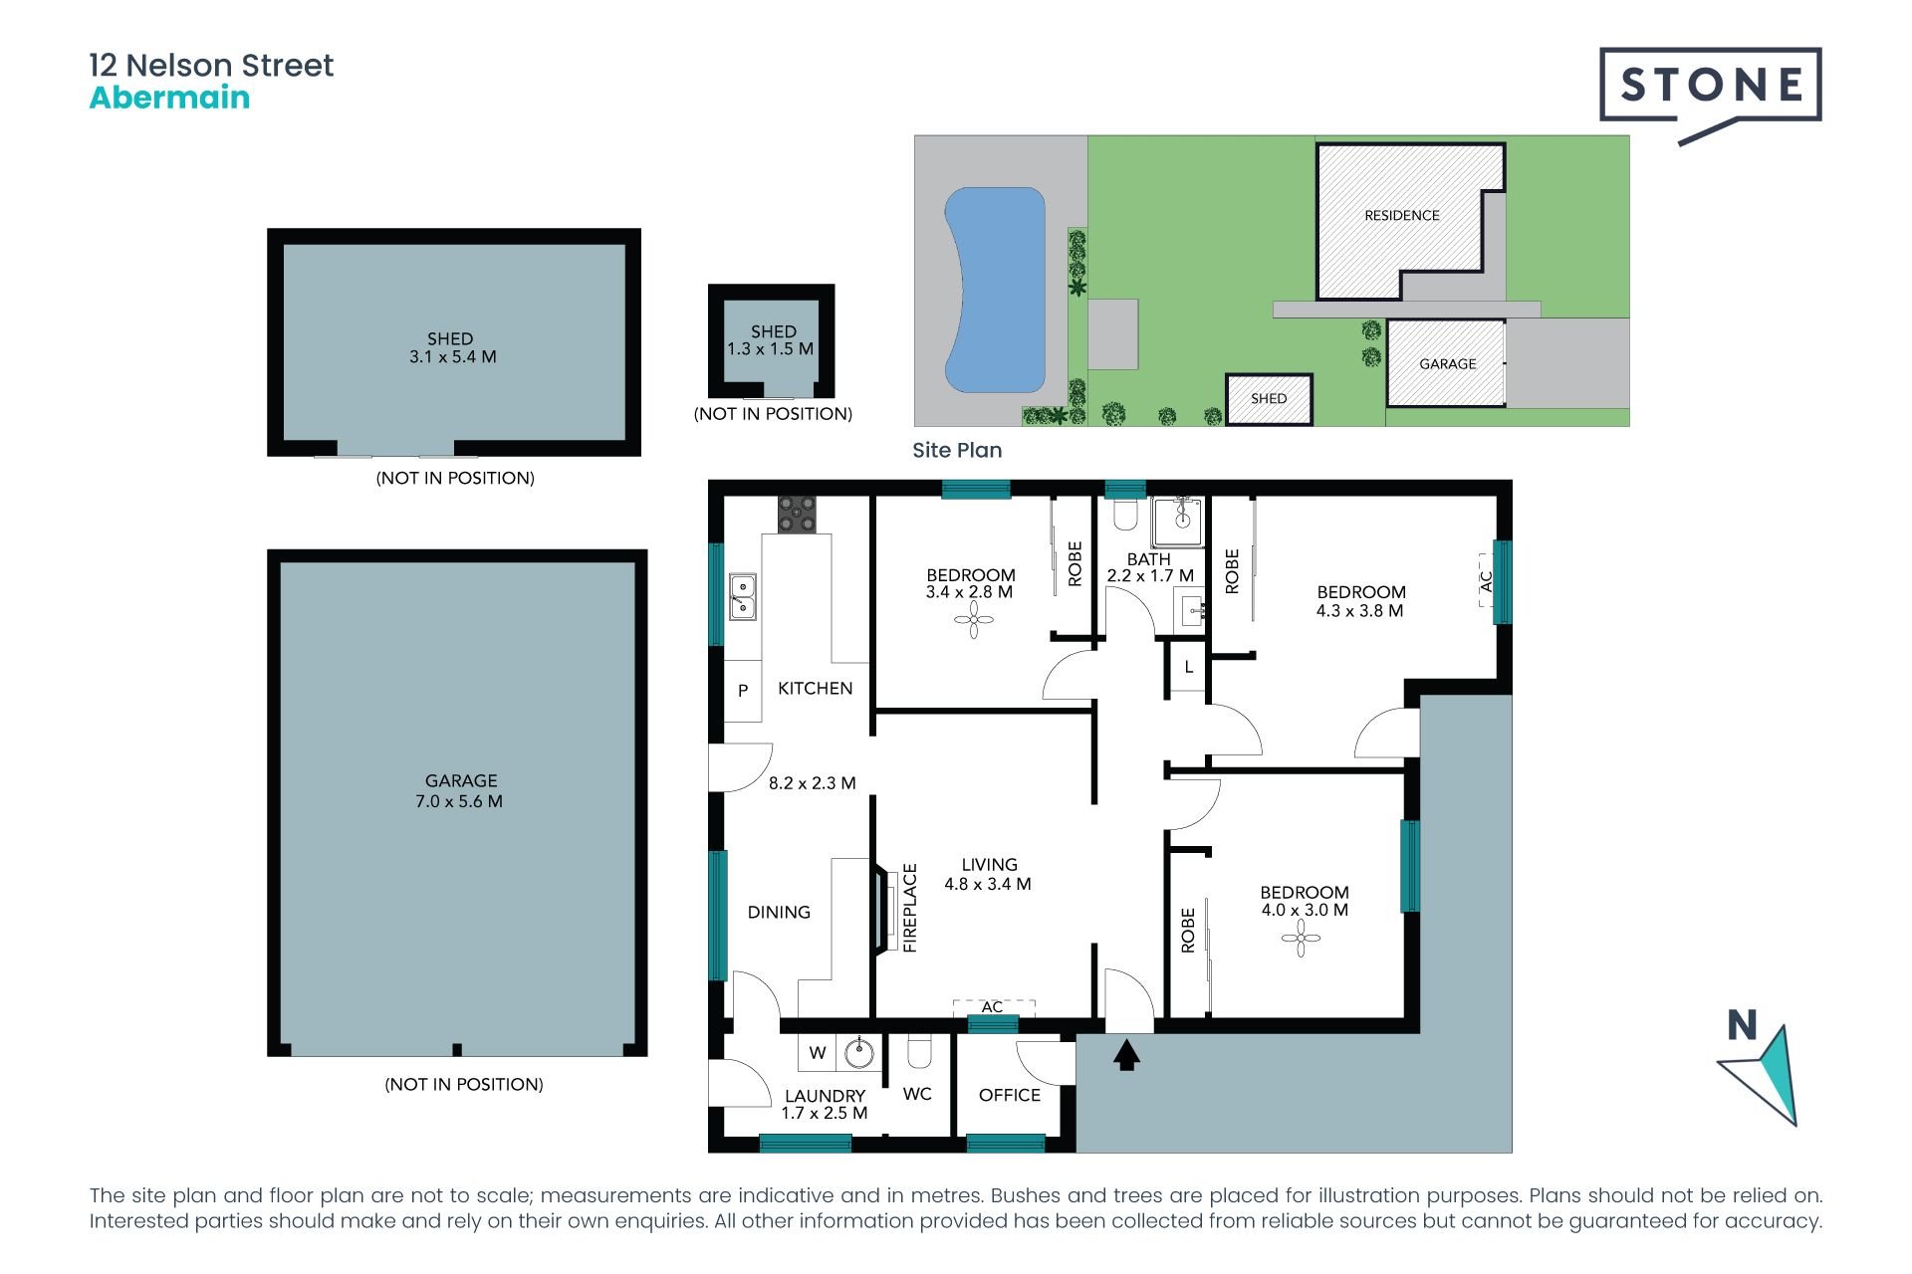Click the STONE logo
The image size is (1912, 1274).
(x=1710, y=86)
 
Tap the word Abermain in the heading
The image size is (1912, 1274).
(x=169, y=98)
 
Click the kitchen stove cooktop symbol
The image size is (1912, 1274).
(x=796, y=514)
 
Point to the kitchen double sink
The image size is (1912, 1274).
(x=742, y=596)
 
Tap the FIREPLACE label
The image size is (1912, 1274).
(x=909, y=908)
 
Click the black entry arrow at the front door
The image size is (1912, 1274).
(x=1126, y=1054)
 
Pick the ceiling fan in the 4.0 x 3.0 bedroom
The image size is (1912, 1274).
(x=1301, y=938)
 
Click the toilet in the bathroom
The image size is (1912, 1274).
(x=1124, y=514)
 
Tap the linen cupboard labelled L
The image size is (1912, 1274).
(x=1188, y=667)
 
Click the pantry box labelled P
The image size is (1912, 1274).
(x=742, y=690)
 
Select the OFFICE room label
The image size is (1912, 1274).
(x=1009, y=1095)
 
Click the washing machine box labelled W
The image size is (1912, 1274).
(x=817, y=1053)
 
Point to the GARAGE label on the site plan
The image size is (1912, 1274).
(x=1447, y=364)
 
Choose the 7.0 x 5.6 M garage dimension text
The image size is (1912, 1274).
(x=459, y=801)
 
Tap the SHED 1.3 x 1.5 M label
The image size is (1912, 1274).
(x=772, y=340)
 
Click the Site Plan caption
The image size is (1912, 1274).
(x=957, y=450)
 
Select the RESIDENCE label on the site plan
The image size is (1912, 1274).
(x=1401, y=215)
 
